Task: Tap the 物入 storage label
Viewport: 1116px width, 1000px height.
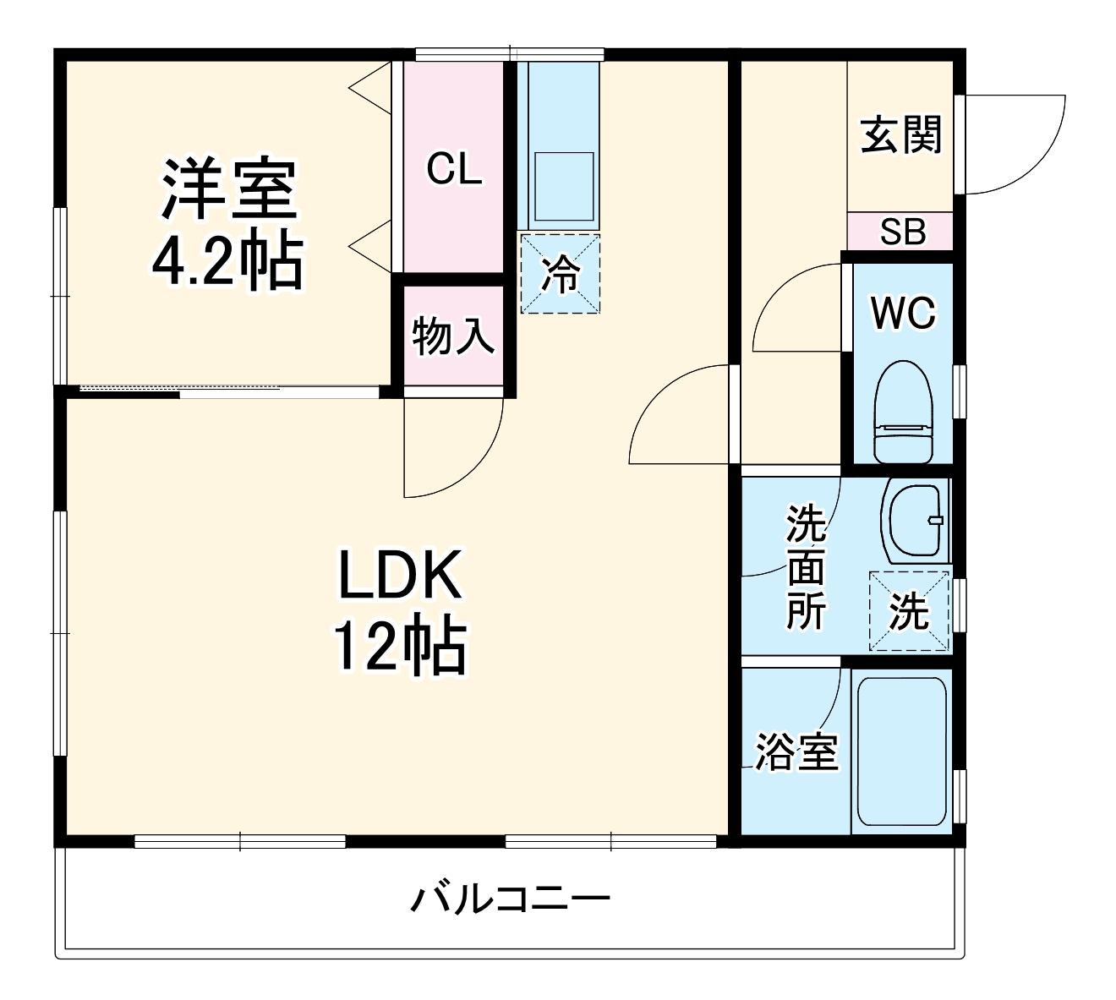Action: (453, 336)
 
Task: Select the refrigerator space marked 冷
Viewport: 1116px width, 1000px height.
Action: (561, 274)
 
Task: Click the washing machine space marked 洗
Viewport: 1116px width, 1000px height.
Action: (910, 611)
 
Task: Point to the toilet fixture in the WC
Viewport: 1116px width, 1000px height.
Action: (904, 412)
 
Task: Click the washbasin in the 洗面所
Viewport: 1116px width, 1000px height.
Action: (915, 521)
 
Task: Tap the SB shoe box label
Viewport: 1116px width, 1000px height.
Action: (903, 232)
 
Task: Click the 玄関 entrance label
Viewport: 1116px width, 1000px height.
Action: (901, 134)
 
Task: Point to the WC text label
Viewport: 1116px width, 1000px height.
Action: (903, 313)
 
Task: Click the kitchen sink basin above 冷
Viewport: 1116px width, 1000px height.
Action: (565, 187)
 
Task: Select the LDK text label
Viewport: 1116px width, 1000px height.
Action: (400, 574)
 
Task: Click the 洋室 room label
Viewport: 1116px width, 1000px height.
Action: (228, 189)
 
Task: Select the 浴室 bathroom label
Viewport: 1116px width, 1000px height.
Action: (796, 751)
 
